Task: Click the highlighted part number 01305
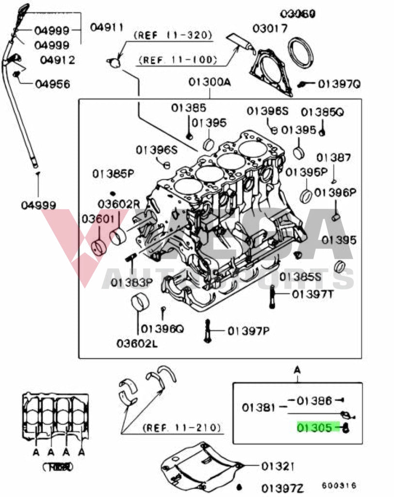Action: [315, 428]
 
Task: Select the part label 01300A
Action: [210, 83]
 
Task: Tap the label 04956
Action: [52, 84]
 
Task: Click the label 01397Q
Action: [339, 84]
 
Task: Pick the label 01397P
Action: [248, 331]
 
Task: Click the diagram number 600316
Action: [339, 485]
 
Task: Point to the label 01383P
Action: [131, 282]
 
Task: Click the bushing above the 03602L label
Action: [140, 303]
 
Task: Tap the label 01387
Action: [333, 158]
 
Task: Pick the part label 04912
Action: [57, 60]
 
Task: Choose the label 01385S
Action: [300, 277]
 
